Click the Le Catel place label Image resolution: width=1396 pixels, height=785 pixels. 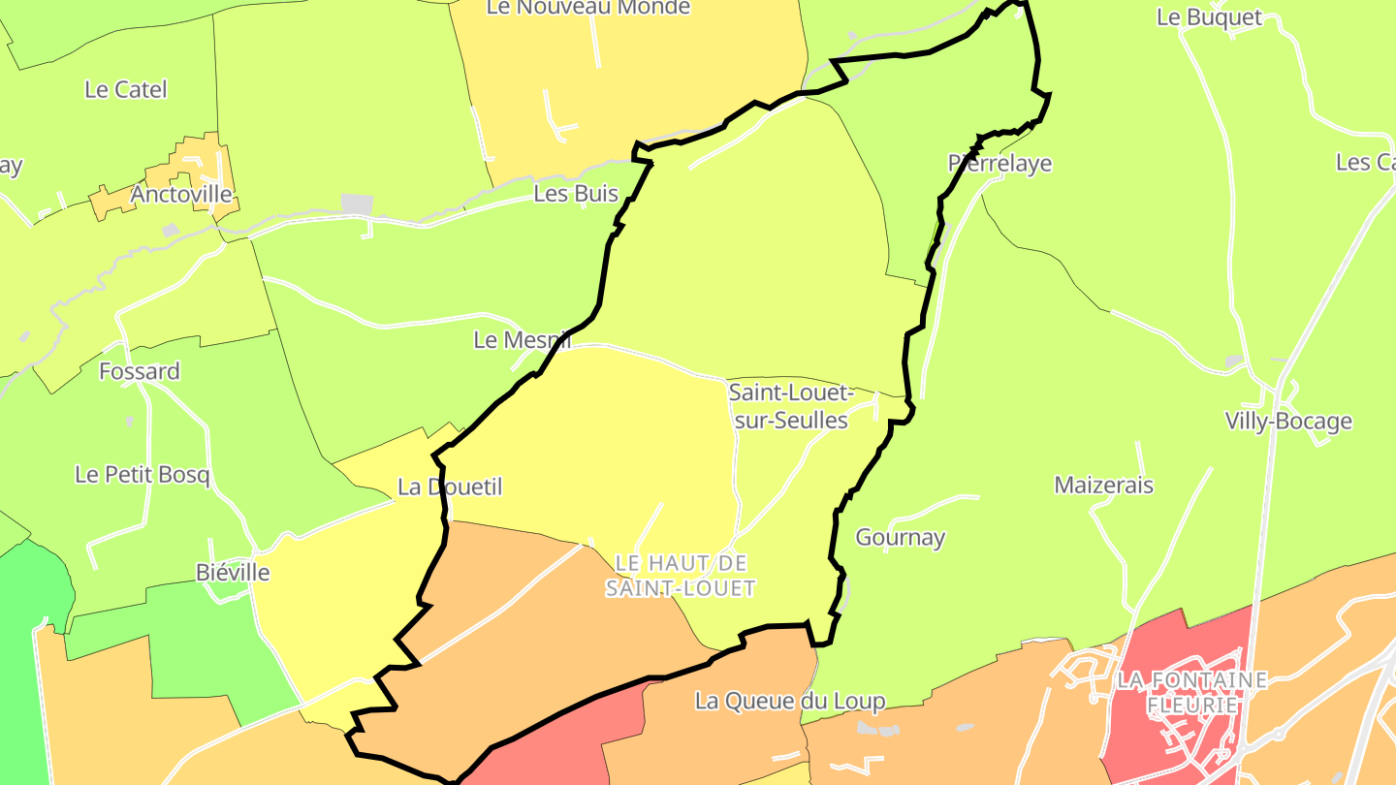(x=126, y=90)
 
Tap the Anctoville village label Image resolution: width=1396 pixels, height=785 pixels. (x=181, y=195)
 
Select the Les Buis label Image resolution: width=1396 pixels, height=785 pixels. (x=576, y=194)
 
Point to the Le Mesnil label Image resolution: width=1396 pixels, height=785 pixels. (x=522, y=340)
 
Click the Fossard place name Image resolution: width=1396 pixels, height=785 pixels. (x=140, y=371)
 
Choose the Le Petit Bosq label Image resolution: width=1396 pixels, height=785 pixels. (x=143, y=475)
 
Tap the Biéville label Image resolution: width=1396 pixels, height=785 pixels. (x=233, y=573)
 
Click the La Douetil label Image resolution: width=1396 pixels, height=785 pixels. (x=450, y=487)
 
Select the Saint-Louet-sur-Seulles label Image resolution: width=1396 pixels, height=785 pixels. (x=790, y=407)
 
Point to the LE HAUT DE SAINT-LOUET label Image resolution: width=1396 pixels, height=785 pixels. (x=681, y=576)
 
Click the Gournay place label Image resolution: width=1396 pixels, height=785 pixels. (x=900, y=537)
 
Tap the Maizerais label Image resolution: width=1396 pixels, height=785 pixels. (x=1104, y=485)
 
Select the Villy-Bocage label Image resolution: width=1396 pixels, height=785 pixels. (x=1288, y=422)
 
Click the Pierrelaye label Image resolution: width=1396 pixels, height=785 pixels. (x=999, y=164)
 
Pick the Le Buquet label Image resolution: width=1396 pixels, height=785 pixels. (x=1210, y=17)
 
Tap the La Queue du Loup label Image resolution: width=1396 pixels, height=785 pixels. (x=790, y=701)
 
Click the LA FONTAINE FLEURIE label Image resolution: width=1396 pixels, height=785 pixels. (x=1191, y=692)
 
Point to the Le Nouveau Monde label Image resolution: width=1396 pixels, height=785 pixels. (x=588, y=8)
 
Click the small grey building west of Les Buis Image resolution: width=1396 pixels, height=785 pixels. (x=357, y=204)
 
